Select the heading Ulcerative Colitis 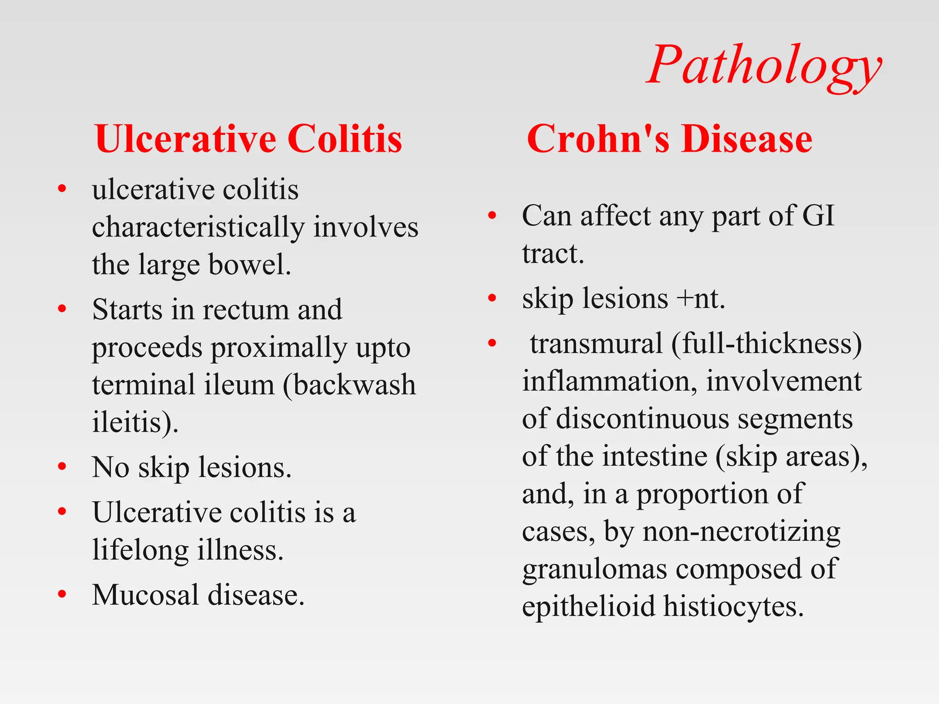coord(249,139)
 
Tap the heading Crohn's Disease coord(669,139)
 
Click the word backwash coord(354,385)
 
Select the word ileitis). coord(135,422)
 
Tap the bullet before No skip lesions coord(62,467)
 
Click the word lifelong coord(140,550)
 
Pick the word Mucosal coord(145,595)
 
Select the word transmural coord(596,343)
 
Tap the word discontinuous coord(642,418)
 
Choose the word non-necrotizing coord(741,532)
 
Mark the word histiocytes coord(733,606)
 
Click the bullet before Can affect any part coord(492,215)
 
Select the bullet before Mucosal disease coord(62,594)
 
